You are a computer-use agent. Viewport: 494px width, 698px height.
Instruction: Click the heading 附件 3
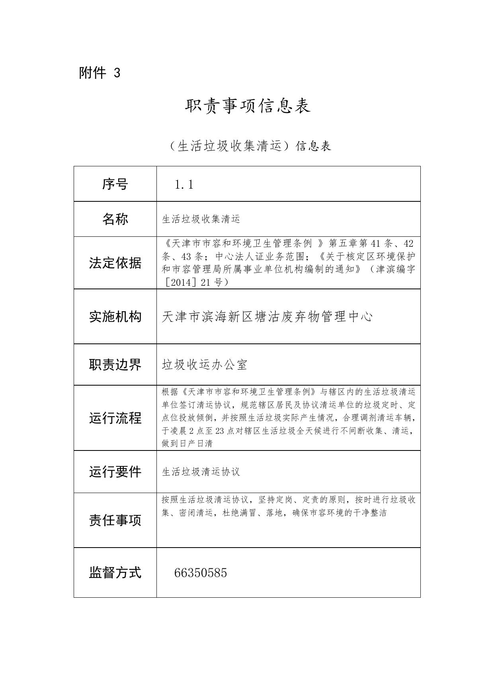tap(100, 73)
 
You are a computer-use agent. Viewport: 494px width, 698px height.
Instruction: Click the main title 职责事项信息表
tap(247, 106)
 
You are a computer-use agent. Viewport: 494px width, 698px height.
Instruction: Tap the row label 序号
tap(115, 184)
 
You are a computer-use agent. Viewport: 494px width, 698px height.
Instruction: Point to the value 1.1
tap(184, 185)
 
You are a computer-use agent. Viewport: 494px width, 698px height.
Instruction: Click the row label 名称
tap(115, 219)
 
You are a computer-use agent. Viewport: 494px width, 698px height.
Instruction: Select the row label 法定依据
tap(115, 263)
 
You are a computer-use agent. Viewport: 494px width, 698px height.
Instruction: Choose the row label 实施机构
tap(115, 317)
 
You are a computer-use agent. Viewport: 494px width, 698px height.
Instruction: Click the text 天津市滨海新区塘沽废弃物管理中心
tap(267, 317)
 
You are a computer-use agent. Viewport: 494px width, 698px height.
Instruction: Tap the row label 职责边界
tap(115, 365)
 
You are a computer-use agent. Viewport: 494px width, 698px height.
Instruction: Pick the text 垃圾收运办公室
tap(205, 365)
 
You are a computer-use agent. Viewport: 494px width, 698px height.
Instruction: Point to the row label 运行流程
tap(115, 418)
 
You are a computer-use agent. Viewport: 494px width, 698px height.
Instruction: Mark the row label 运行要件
tap(115, 472)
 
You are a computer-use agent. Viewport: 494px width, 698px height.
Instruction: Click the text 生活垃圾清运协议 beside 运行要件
tap(201, 472)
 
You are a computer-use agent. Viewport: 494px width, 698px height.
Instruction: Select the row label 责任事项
tap(115, 520)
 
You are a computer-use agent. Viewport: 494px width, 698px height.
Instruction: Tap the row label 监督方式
tap(115, 573)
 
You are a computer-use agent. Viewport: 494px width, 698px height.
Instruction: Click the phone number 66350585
tap(201, 573)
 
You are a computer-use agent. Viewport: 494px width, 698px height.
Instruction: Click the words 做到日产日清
tap(187, 443)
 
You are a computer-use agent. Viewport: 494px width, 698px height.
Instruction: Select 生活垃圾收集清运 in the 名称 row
tap(201, 219)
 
